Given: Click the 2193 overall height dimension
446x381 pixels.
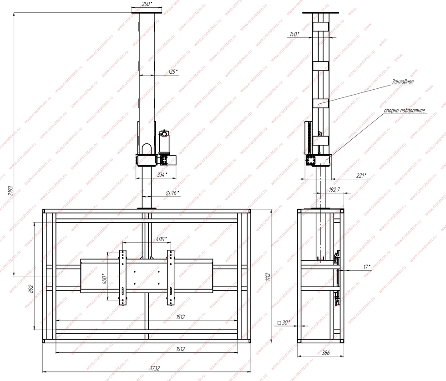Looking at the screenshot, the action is (x=10, y=191).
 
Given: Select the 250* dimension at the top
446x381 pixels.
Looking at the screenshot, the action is (x=147, y=4).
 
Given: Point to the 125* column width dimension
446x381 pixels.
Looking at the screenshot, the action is (x=173, y=72).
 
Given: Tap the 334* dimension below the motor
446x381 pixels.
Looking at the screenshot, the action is (x=162, y=175).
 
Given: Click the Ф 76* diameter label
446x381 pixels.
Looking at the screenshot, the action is (x=172, y=193).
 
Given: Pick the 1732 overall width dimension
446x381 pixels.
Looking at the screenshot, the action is (x=155, y=368).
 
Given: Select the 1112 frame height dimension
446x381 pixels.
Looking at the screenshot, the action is (x=268, y=277).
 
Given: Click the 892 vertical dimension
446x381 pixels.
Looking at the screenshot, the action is (x=31, y=289).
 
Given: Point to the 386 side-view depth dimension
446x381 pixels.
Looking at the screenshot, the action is (x=326, y=352).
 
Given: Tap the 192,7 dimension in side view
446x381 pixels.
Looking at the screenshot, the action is (x=334, y=189).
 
